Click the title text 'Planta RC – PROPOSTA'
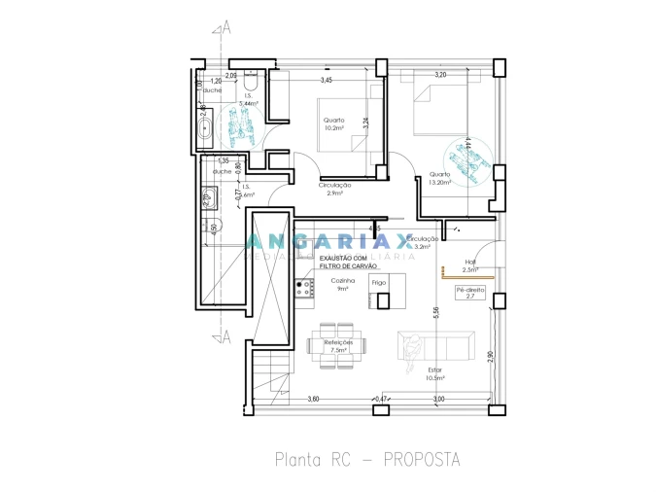(366, 457)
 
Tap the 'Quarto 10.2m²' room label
(334, 123)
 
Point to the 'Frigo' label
(379, 282)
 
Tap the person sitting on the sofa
(412, 345)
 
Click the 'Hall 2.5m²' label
(470, 264)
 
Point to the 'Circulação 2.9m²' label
(334, 189)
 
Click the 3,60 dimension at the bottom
(313, 399)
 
